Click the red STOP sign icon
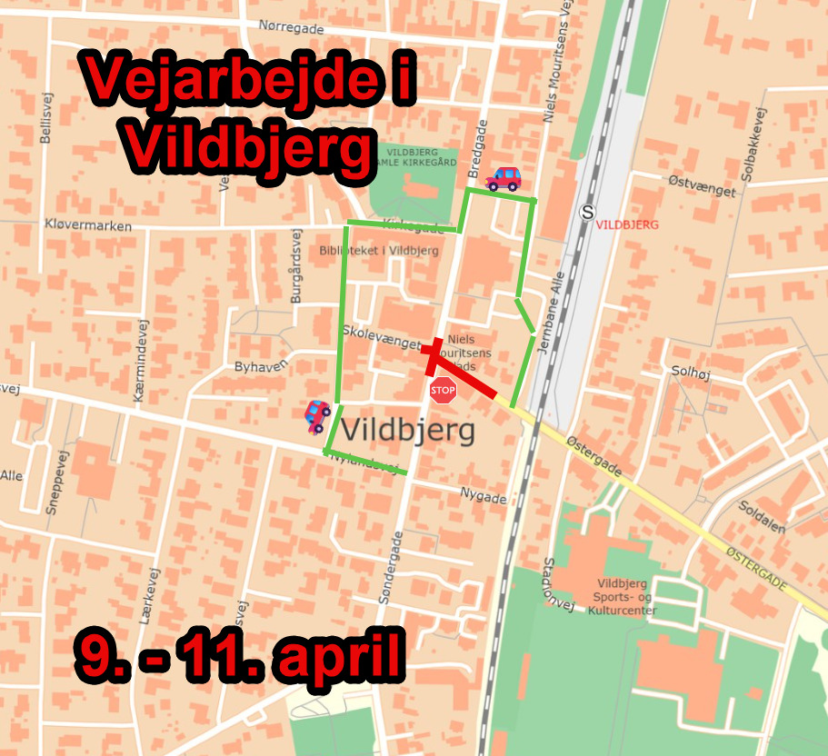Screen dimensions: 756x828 click(x=443, y=391)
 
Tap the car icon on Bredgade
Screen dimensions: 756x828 click(x=504, y=178)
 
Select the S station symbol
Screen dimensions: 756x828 click(x=588, y=212)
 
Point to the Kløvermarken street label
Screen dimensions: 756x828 click(x=87, y=225)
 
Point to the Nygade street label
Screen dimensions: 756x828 click(x=483, y=498)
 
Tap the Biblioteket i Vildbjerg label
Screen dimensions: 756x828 click(x=379, y=251)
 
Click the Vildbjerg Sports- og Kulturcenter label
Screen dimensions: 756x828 click(x=627, y=597)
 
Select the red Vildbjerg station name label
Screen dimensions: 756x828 click(x=625, y=224)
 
